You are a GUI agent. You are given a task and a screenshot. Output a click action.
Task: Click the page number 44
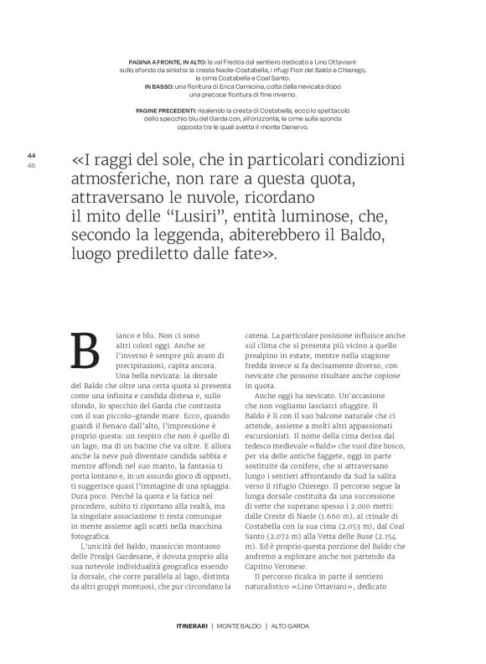32,155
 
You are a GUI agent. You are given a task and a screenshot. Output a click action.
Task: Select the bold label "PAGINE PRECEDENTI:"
168,111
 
